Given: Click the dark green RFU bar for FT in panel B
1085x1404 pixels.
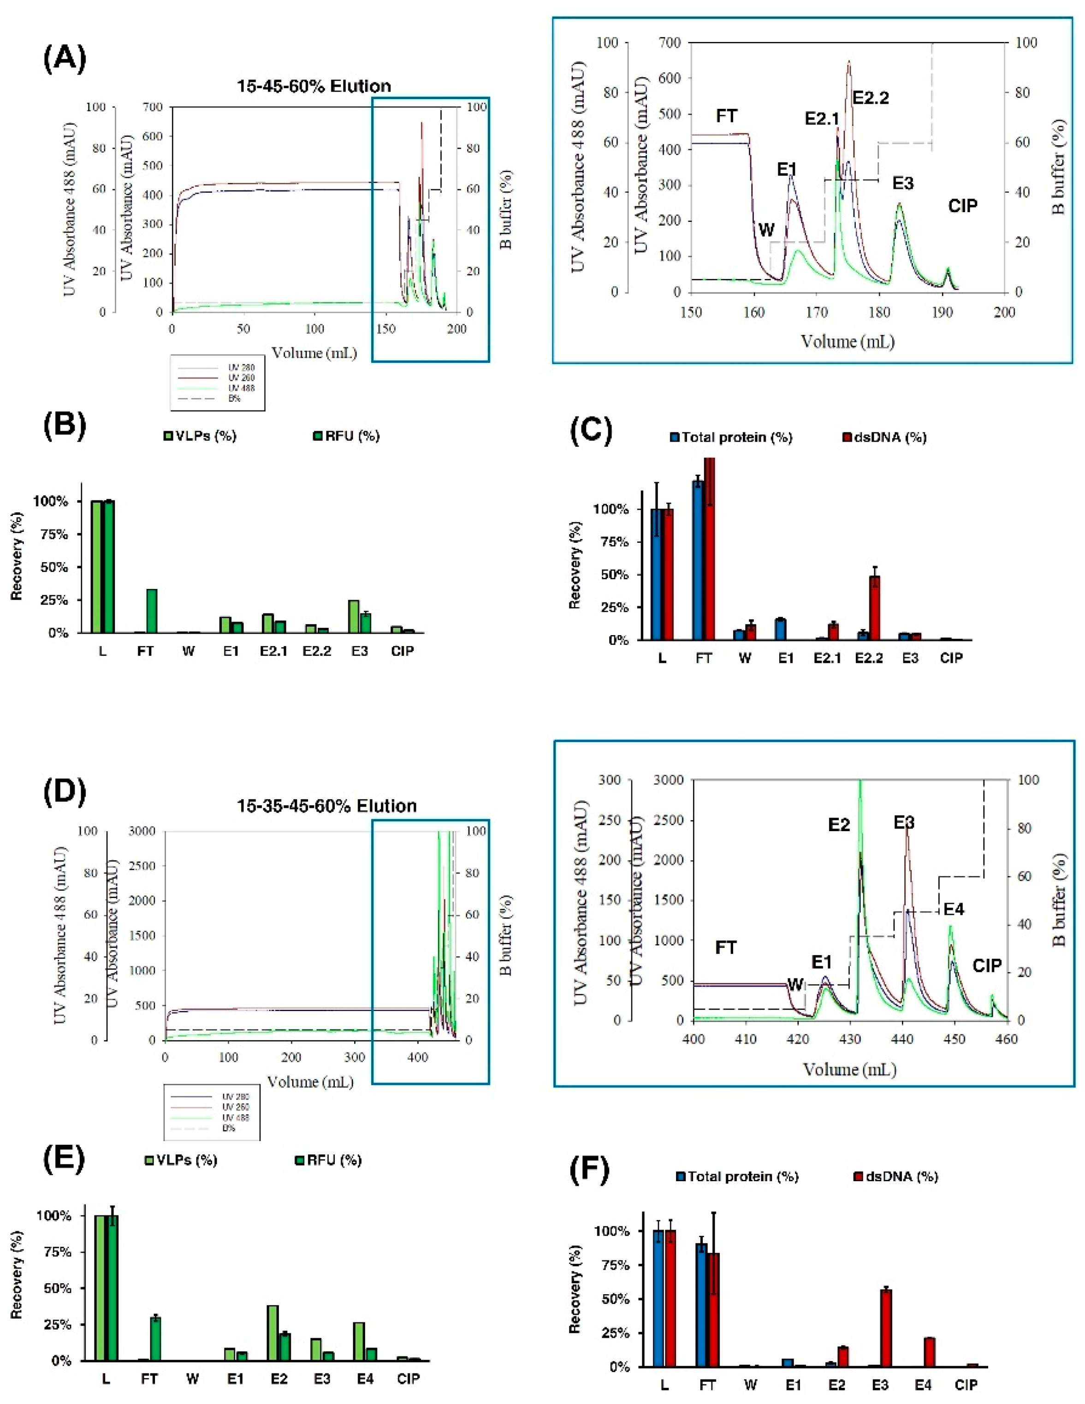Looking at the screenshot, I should (x=152, y=611).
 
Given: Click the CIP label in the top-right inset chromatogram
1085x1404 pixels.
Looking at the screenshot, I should (x=962, y=206).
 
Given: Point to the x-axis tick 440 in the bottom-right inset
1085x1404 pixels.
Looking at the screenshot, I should (x=902, y=1039).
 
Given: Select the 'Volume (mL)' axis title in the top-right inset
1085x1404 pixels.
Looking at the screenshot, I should (x=847, y=341).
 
